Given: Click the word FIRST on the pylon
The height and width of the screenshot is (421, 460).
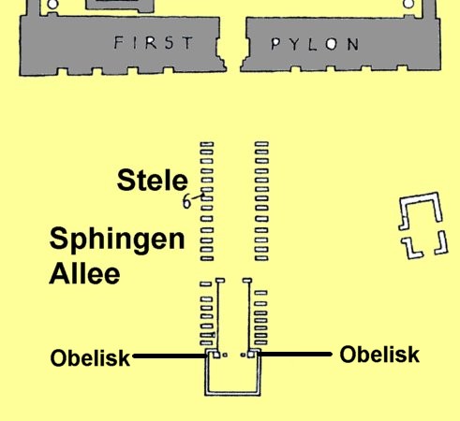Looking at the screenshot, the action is [154, 43].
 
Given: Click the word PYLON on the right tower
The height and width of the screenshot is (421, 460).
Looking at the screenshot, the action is [315, 45].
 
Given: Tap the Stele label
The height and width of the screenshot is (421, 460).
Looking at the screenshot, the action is [153, 181].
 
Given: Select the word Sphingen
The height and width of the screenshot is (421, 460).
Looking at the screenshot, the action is [117, 240].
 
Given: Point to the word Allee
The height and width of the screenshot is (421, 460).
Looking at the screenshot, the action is [84, 273].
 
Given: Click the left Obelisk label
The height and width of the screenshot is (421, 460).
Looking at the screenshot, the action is [90, 357].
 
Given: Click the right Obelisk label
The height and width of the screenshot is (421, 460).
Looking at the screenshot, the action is [379, 355].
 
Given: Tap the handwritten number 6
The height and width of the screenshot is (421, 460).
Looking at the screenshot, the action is [186, 201].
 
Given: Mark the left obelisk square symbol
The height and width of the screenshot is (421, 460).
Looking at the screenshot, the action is [216, 355].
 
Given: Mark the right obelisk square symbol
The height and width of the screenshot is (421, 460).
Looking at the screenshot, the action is [250, 355].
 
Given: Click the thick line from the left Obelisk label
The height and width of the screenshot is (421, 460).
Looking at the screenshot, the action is [170, 356].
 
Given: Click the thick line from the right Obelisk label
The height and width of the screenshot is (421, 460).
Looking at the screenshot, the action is [295, 354].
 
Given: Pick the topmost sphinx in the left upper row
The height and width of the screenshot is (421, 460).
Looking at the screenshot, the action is [207, 144].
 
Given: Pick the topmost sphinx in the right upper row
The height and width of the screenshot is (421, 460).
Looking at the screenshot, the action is [261, 144].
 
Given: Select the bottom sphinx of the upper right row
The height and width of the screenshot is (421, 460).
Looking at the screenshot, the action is [261, 258].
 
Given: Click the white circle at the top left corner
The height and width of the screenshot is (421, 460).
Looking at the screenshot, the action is [53, 5].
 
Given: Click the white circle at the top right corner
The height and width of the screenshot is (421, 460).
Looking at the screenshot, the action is [408, 4].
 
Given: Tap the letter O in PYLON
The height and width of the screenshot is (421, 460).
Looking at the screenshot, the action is [331, 45].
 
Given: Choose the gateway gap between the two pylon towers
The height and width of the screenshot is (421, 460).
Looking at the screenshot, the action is [233, 45].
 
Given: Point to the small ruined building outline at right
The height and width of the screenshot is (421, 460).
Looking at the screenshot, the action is [423, 225].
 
